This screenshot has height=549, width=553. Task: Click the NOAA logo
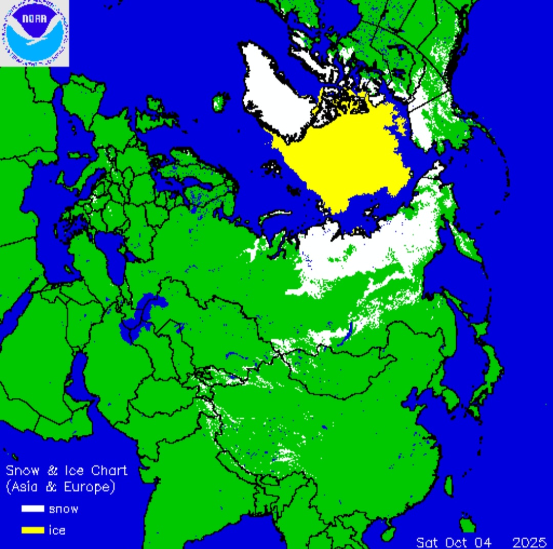[x=34, y=33]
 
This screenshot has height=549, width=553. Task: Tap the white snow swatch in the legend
[x=32, y=509]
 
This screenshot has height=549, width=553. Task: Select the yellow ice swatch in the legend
[x=32, y=530]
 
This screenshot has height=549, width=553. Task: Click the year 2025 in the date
[x=529, y=541]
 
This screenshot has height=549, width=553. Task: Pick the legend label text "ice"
[x=57, y=530]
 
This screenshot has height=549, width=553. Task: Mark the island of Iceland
[x=221, y=101]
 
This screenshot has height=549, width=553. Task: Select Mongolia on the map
[x=338, y=369]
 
